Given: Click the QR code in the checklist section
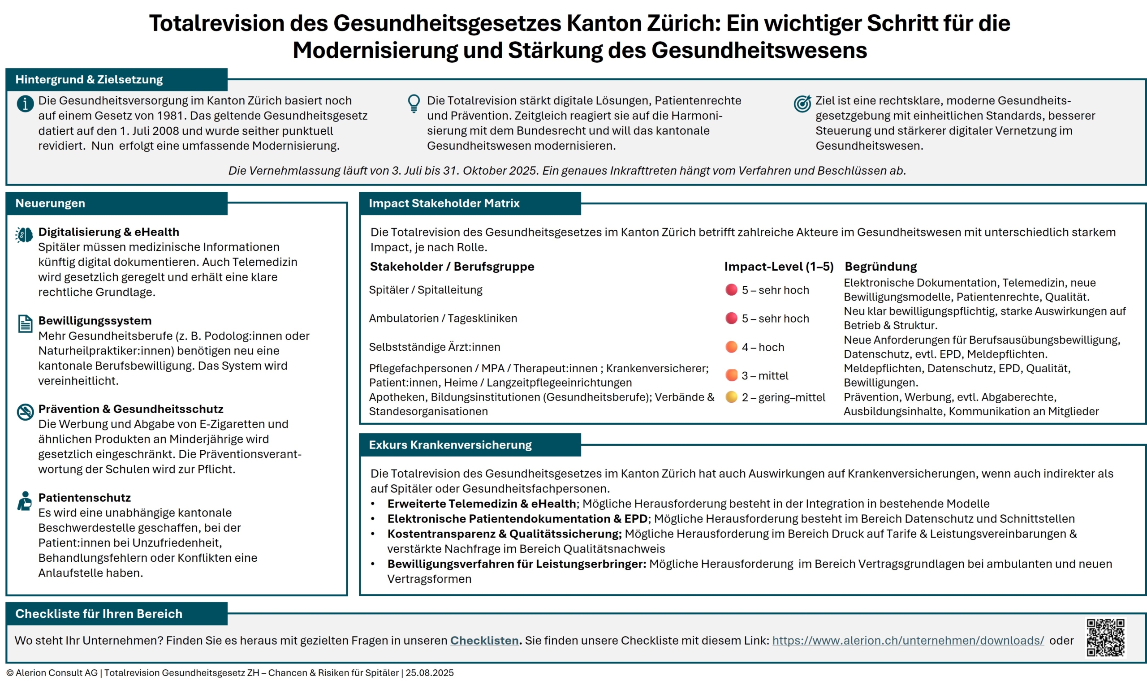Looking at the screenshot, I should coord(1105,638).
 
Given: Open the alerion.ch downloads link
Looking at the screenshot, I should coord(908,641).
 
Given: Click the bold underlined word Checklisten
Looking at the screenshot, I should coord(484,641).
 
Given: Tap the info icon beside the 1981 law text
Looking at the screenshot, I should coord(25,104).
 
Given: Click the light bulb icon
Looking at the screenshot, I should coord(414,103).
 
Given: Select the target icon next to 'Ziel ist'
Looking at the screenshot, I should coord(802,103).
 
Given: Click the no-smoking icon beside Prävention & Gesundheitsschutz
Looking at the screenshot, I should coord(25,412).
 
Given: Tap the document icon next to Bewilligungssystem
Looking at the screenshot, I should coord(25,323).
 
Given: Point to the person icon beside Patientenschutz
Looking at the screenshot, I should coord(25,501).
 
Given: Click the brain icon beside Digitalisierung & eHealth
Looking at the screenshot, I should coord(24,235).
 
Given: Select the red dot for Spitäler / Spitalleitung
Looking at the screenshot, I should coord(731,290).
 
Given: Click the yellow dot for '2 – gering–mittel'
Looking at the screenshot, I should coord(731,397).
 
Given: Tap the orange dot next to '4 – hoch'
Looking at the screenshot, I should coord(731,347).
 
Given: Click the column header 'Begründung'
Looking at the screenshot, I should coord(881,267).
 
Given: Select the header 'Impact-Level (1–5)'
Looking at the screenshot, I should coord(779,267).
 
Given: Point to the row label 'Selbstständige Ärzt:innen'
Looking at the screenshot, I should coord(434,347).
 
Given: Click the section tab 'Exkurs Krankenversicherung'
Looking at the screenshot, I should coord(450,445).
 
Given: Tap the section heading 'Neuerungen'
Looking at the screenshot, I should coord(50,203).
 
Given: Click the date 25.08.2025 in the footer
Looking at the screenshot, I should coord(429,673).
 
